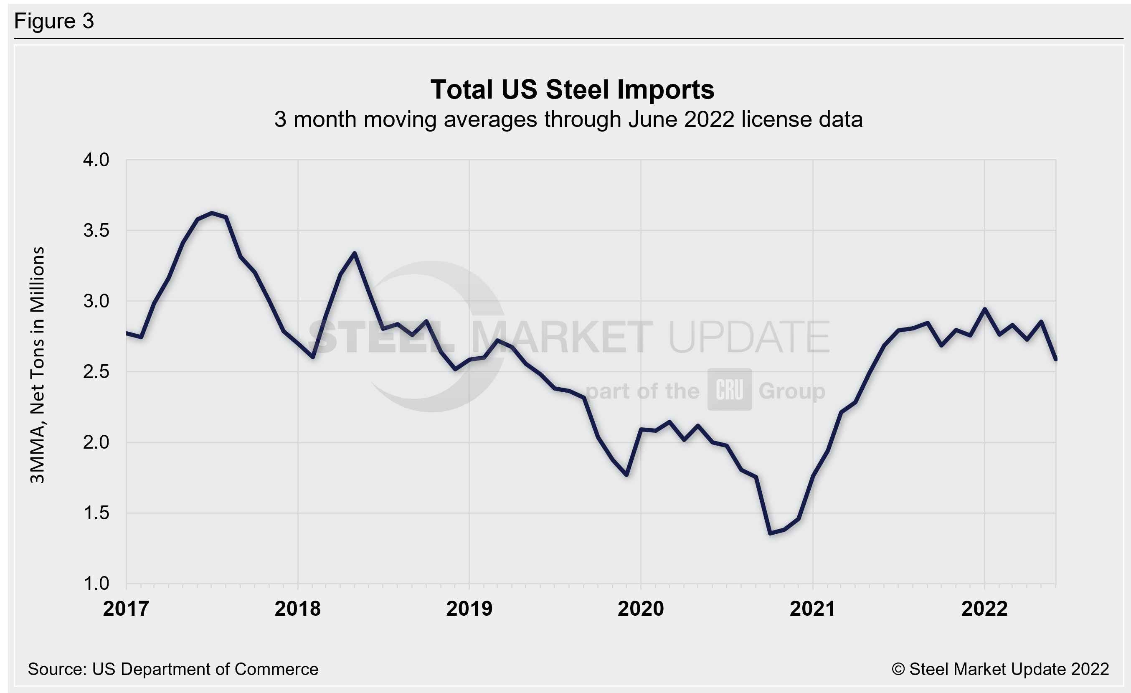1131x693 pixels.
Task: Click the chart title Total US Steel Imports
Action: [572, 89]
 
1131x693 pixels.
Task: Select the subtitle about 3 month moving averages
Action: [568, 120]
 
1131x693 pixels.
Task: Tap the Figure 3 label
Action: [54, 21]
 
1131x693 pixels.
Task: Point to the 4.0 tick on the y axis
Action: [96, 160]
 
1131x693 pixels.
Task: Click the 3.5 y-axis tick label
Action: [96, 231]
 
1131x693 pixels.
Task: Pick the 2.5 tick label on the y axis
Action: [96, 372]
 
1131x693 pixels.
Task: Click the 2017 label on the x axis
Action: [126, 609]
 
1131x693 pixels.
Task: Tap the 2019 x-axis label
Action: [469, 609]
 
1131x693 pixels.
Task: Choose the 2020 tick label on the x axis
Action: [641, 609]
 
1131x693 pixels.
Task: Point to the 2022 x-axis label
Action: [984, 609]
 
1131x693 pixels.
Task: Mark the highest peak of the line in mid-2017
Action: [212, 213]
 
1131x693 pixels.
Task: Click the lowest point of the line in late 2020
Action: [770, 533]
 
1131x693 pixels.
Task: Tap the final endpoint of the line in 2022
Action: [1056, 359]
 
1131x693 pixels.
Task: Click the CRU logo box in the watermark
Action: [729, 389]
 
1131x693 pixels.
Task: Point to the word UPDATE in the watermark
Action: [749, 338]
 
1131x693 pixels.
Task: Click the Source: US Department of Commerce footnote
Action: [173, 669]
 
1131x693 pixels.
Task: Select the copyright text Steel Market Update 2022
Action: [1000, 669]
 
